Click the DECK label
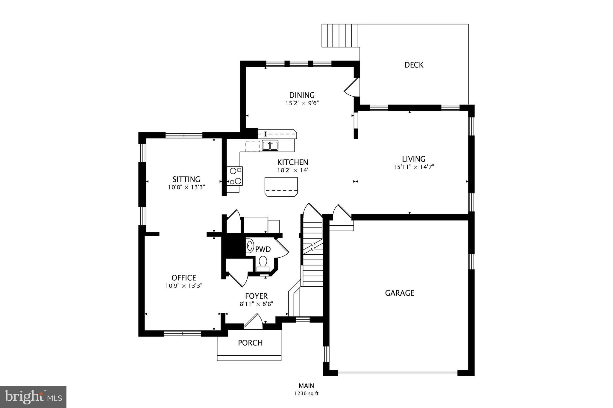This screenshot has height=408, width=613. (x=414, y=65)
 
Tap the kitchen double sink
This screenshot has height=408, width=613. (x=270, y=146)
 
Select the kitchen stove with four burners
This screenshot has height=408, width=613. (x=235, y=176)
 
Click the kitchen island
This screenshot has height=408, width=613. (x=281, y=187)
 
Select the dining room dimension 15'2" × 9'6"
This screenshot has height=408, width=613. (x=302, y=103)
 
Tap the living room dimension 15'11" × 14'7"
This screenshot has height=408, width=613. (x=414, y=167)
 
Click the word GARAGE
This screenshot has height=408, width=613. (x=399, y=293)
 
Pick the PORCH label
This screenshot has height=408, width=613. (x=250, y=343)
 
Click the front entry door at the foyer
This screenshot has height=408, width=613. (x=253, y=322)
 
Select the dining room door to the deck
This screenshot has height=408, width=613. (x=352, y=88)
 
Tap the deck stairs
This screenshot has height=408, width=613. (x=340, y=36)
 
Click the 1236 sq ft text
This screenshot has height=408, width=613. (x=306, y=394)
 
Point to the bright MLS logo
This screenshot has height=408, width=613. (x=33, y=397)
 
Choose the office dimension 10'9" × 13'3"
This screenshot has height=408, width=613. (x=184, y=286)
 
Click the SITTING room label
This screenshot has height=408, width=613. (x=186, y=179)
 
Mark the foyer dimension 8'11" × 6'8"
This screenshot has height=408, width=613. (x=256, y=304)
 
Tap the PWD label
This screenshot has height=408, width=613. (x=263, y=249)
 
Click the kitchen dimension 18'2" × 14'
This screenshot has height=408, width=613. (x=292, y=170)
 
